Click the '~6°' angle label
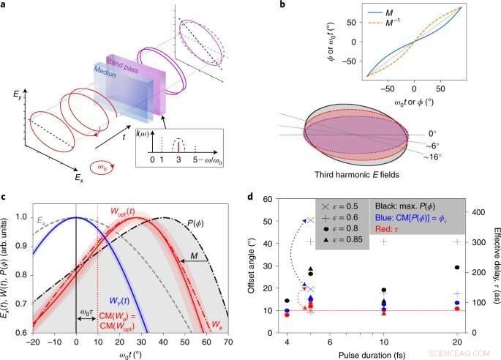click(x=461, y=146)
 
